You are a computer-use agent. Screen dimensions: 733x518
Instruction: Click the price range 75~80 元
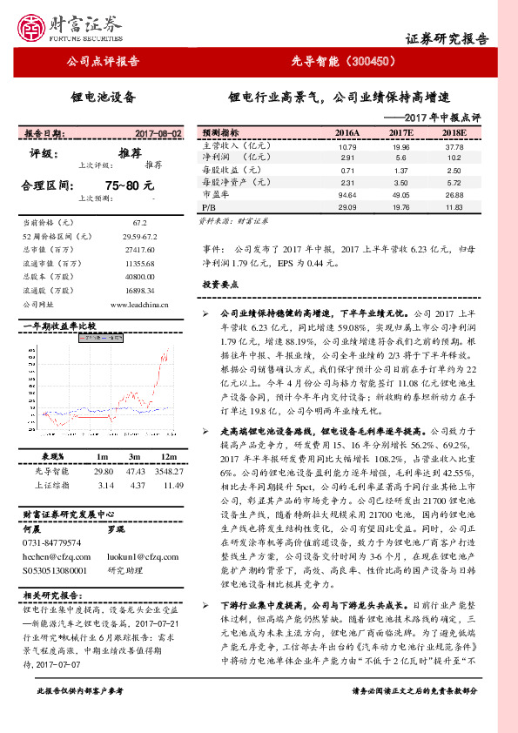[129, 185]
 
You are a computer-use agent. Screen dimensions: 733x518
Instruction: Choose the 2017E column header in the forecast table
[400, 132]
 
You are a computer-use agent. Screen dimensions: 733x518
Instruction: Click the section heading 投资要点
[220, 285]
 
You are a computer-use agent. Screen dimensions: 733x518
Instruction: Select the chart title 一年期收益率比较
[60, 326]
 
